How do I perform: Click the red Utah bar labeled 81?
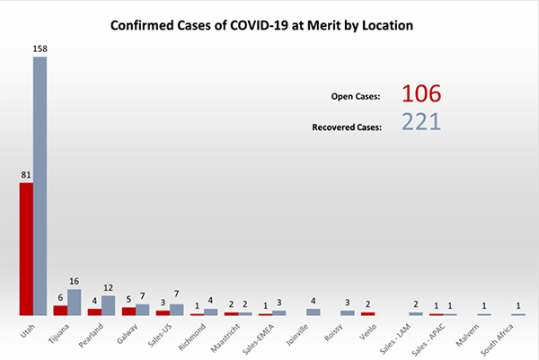[26, 249]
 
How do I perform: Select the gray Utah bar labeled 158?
[40, 186]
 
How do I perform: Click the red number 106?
[421, 95]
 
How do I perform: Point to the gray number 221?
[421, 122]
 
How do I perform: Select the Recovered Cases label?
[348, 127]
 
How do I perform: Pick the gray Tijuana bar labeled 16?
[75, 302]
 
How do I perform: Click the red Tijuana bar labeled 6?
[60, 310]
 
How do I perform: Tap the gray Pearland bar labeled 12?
[109, 305]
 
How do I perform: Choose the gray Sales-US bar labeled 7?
[177, 310]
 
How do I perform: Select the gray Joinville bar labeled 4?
[314, 312]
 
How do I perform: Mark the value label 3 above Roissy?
[347, 303]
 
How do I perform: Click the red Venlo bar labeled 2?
[367, 313]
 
